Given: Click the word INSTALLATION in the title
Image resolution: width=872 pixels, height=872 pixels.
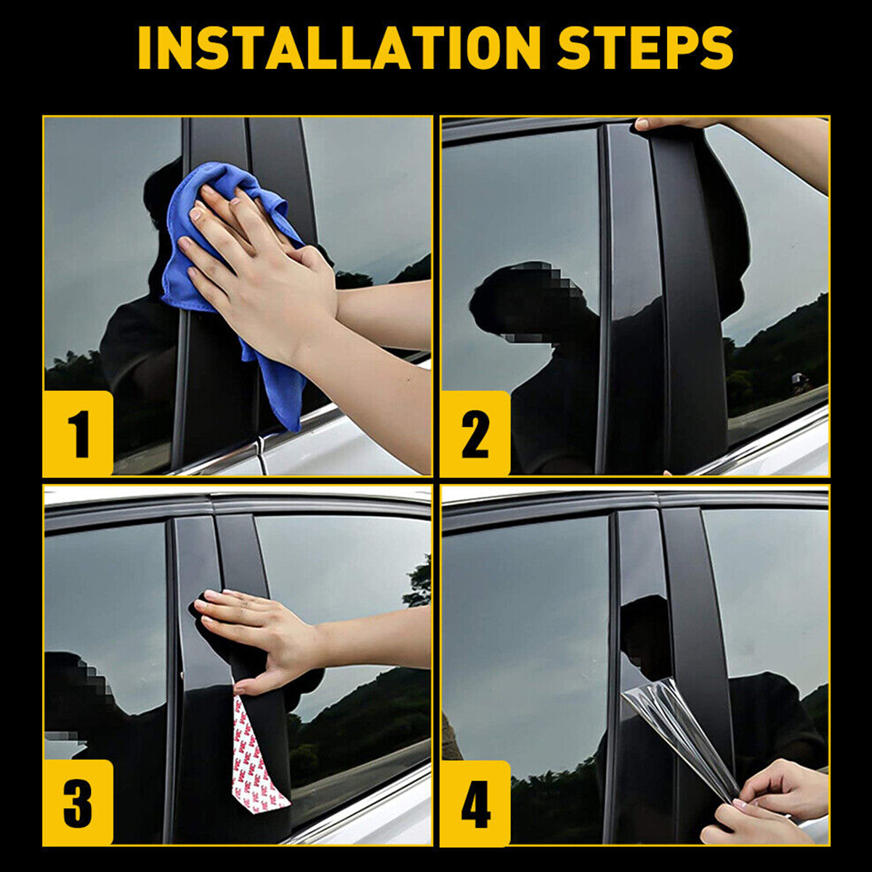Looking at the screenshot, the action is tap(339, 47).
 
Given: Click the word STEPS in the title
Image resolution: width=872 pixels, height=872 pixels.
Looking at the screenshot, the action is tap(646, 47).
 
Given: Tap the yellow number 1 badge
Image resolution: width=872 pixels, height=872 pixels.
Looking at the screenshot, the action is tap(78, 433).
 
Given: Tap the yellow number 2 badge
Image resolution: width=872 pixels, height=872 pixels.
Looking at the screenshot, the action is tap(475, 433).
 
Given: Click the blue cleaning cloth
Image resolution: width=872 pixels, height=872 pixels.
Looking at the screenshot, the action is tap(235, 272).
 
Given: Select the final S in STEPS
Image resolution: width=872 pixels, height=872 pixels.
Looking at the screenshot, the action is tap(714, 47).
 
